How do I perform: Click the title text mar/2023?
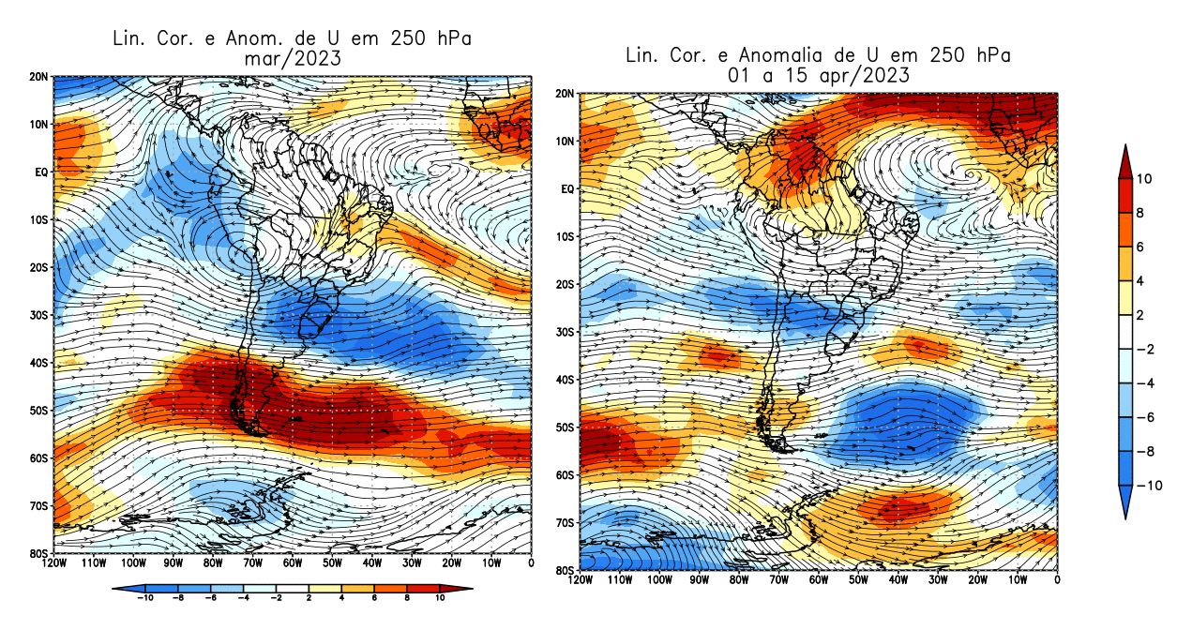click(291, 58)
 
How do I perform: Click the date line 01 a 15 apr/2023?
click(818, 76)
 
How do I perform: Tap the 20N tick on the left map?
click(38, 77)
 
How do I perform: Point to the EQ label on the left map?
click(41, 172)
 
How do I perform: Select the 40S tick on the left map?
click(38, 363)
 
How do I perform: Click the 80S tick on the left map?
click(38, 553)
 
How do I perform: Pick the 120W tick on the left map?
click(53, 563)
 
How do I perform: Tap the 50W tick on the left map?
click(332, 563)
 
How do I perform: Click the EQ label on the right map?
click(567, 189)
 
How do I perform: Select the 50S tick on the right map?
click(566, 427)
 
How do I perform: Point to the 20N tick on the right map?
click(566, 94)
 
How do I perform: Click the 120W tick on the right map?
click(581, 580)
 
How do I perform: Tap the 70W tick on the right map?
click(779, 580)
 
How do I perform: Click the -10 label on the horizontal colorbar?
click(145, 597)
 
